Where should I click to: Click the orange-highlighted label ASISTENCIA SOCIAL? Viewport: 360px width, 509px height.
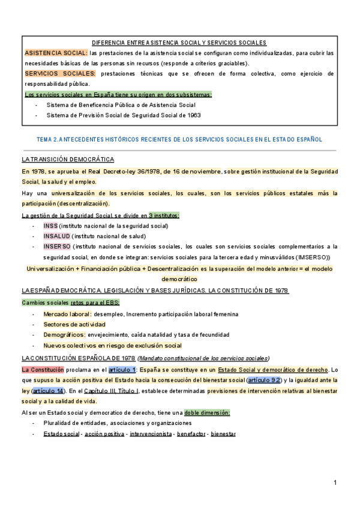pos(55,53)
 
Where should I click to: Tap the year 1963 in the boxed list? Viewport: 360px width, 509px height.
pos(193,115)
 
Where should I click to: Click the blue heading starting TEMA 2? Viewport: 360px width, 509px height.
pos(179,139)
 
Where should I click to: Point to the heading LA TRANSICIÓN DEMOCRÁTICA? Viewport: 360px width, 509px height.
pos(68,160)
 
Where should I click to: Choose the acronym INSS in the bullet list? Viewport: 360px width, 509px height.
pos(50,226)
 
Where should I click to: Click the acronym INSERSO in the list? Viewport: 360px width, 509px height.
pos(56,246)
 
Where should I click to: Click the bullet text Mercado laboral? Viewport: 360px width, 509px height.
pos(68,314)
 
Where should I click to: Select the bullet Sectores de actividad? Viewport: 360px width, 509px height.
pos(74,325)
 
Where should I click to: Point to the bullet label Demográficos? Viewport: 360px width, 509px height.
pos(65,335)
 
